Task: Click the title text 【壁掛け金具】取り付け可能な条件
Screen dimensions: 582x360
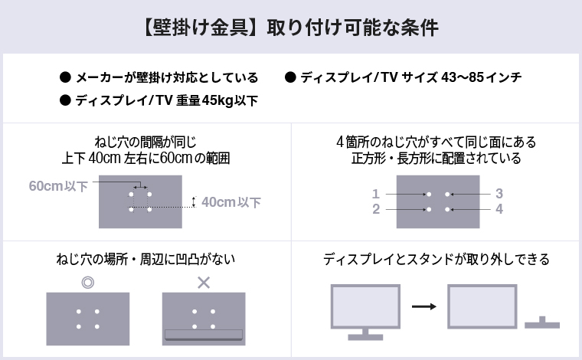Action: pos(290,28)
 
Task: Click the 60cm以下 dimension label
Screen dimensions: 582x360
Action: pos(58,186)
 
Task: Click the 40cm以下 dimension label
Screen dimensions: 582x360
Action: pos(231,202)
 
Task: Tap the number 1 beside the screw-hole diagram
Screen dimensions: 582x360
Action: pos(376,194)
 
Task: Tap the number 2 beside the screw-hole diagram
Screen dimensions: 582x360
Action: pos(376,209)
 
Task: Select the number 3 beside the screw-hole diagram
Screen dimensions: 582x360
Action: pos(499,194)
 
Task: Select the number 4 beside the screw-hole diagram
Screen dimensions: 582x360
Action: pos(499,209)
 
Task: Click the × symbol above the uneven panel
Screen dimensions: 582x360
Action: pos(204,283)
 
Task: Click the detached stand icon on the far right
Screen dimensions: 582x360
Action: pos(542,322)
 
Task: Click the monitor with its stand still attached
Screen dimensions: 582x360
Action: pos(365,310)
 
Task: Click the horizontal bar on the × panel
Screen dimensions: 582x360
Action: pos(204,334)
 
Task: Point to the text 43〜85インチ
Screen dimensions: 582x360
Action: pos(482,78)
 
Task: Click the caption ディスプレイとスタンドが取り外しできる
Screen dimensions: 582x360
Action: pos(436,260)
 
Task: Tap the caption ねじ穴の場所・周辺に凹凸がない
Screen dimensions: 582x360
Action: pos(145,260)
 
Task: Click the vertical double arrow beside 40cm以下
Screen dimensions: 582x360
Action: pos(194,202)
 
